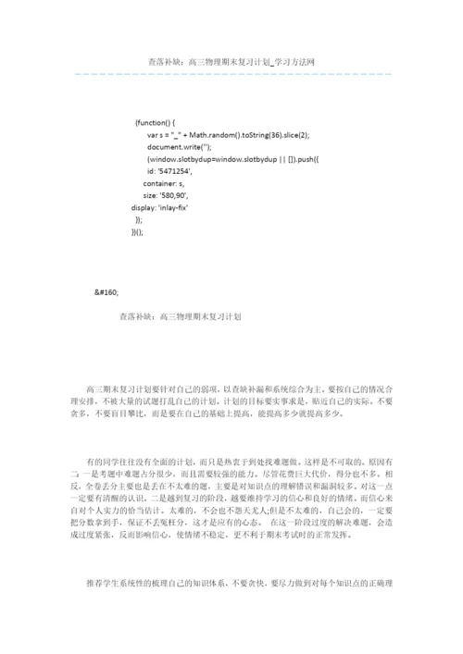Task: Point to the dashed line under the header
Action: [x=231, y=73]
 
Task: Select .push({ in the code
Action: [x=306, y=159]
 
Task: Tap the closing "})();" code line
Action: [x=139, y=232]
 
